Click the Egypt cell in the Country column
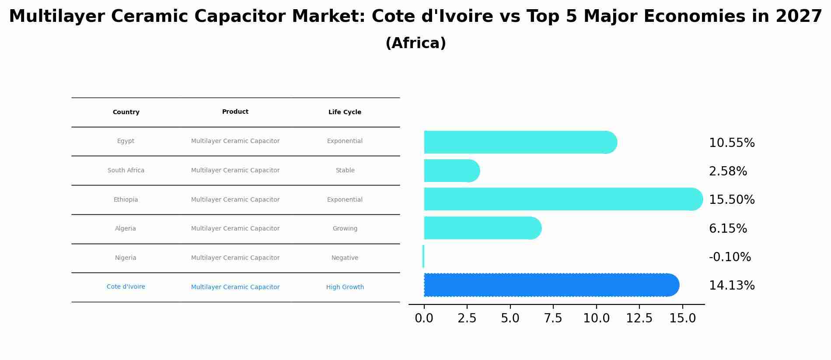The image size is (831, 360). (126, 141)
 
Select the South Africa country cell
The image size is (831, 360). (126, 171)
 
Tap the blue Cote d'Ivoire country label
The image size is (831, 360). (126, 287)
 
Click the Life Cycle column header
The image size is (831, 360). (345, 112)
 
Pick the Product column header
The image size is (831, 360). (235, 112)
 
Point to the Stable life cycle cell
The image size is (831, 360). (345, 171)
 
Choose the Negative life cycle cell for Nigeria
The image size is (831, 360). (345, 258)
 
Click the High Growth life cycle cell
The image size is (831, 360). (345, 287)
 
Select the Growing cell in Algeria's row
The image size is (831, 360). (345, 229)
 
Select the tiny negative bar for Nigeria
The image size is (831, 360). (423, 256)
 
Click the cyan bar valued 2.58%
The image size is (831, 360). (450, 171)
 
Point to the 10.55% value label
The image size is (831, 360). (732, 143)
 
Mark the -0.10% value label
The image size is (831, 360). (730, 257)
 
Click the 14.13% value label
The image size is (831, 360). (732, 286)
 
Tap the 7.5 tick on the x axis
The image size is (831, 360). (553, 318)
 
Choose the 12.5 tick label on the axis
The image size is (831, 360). (639, 318)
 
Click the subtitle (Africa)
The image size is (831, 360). (415, 43)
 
